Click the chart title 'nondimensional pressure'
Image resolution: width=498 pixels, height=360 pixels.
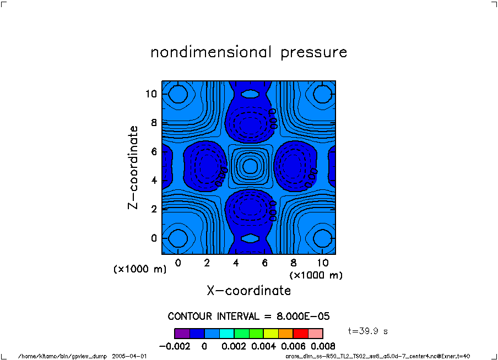click(249, 53)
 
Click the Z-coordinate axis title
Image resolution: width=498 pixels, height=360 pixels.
click(133, 167)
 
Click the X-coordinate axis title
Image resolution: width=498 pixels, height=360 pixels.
click(248, 290)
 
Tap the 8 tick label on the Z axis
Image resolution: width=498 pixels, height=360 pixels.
click(154, 123)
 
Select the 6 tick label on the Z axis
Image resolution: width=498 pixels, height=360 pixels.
click(154, 151)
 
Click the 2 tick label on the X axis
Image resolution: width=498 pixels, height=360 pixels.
click(207, 263)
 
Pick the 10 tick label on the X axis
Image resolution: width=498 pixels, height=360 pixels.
click(322, 263)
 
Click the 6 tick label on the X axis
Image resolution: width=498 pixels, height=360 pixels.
click(265, 263)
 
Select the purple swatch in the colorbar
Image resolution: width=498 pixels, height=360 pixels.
click(182, 333)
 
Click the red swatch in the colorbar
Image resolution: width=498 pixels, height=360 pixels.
click(301, 333)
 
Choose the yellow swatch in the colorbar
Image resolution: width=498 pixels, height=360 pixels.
click(271, 333)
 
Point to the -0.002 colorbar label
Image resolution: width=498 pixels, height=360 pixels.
click(175, 346)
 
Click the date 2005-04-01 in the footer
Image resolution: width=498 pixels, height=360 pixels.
click(129, 356)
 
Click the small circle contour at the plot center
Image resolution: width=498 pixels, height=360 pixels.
click(250, 165)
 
